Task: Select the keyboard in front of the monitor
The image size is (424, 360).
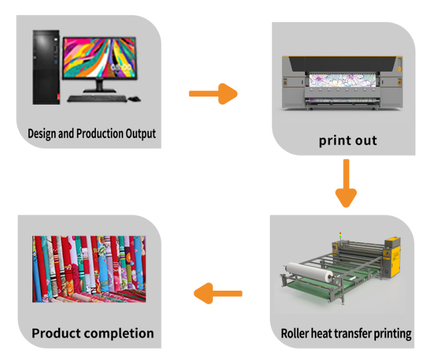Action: coord(96,98)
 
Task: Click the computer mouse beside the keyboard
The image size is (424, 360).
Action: coord(135,98)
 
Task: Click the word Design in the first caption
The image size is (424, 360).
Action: coord(43,134)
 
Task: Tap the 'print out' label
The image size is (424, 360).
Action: coord(348,140)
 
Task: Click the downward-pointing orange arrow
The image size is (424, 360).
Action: coord(346,183)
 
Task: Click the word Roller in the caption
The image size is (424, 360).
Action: coord(296,333)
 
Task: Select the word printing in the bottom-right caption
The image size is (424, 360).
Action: coord(392,334)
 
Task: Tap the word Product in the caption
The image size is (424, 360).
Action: coord(56,333)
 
